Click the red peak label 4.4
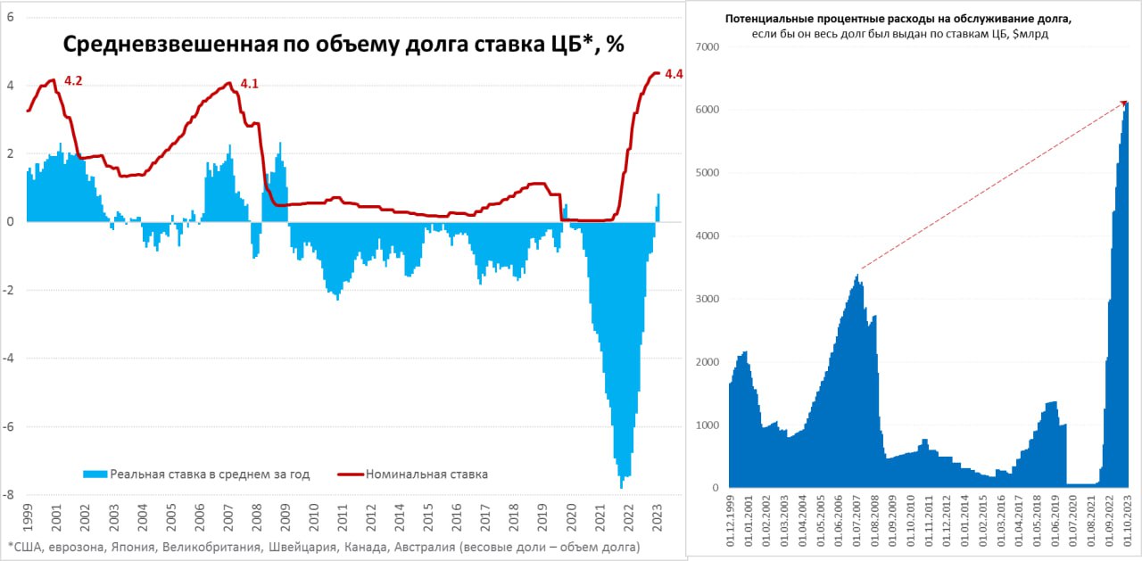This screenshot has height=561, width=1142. (x=674, y=75)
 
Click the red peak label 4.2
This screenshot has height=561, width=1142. (x=73, y=81)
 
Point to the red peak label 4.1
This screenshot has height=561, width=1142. (x=250, y=84)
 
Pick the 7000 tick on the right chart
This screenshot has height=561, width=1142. (x=706, y=46)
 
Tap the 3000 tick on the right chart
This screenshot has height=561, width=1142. (x=706, y=299)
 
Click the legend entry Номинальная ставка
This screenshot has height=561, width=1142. (x=426, y=474)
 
